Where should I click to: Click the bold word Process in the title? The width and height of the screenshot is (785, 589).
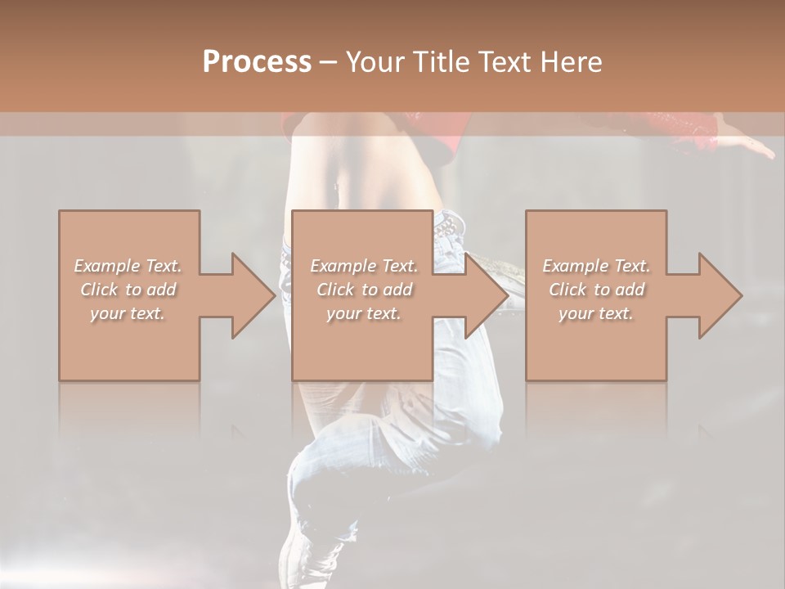tap(257, 62)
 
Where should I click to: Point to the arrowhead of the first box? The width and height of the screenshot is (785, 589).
tap(253, 295)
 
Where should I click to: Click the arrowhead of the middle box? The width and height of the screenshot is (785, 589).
tap(487, 295)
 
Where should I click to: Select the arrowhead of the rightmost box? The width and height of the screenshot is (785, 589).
tap(720, 295)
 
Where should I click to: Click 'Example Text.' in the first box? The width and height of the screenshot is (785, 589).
tap(128, 266)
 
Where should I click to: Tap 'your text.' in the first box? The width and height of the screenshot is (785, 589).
tap(128, 313)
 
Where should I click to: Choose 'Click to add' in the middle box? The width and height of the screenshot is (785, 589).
tap(364, 290)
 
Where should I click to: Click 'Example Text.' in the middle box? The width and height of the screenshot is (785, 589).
tap(364, 266)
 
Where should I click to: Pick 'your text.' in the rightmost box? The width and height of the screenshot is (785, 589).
tap(596, 313)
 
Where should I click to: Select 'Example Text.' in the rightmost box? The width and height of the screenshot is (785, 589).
tap(596, 266)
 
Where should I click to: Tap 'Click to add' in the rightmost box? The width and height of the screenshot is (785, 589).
tap(596, 290)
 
